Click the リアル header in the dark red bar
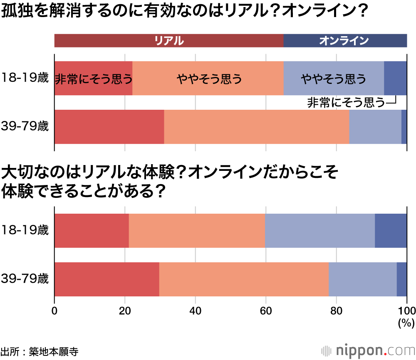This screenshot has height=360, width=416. [168, 41]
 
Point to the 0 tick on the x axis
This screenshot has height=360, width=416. [54, 311]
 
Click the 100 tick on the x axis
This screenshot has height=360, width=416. [406, 311]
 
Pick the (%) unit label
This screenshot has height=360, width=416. [406, 322]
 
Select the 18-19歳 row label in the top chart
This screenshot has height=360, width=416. [25, 78]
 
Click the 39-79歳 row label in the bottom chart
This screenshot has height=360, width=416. [25, 279]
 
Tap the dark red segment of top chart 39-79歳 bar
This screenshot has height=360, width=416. [109, 127]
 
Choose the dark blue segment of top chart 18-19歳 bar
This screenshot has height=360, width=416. [395, 78]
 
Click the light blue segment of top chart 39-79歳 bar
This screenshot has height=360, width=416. [375, 127]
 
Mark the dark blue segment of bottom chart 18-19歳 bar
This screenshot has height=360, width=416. [391, 231]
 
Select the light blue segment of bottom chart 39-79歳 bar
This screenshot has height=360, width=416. [362, 279]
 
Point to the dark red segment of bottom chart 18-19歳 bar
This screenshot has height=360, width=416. [92, 231]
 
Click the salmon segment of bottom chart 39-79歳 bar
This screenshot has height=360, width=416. [243, 279]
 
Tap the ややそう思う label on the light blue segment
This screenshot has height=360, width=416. [334, 79]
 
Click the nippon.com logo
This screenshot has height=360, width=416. [368, 350]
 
